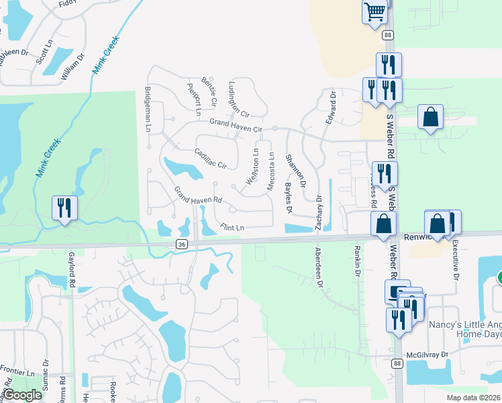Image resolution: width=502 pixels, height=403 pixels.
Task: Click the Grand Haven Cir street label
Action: [235, 125]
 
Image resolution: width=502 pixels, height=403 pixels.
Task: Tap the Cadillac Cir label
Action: [211, 158]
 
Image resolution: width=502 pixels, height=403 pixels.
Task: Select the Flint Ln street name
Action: [230, 228]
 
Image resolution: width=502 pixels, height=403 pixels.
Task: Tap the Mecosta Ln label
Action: [271, 172]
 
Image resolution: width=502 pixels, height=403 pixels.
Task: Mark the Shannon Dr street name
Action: [295, 171]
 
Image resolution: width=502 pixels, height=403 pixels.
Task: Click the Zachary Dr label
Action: [319, 212]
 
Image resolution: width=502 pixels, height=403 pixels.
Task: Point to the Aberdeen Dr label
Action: [319, 269]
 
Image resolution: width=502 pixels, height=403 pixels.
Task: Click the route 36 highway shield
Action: [182, 244]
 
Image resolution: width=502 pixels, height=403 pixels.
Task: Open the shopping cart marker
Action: [375, 11]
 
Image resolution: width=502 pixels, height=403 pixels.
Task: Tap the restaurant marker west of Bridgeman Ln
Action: [65, 208]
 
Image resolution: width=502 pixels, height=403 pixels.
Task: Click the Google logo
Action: [22, 395]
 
